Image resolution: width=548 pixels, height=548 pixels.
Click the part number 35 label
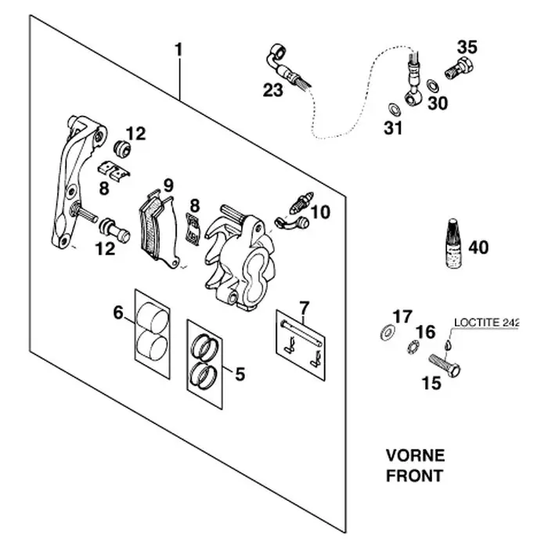(467, 47)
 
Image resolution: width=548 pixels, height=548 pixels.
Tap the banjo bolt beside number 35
(459, 67)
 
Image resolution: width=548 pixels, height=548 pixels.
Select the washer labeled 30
(433, 85)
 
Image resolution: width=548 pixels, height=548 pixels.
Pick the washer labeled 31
(395, 109)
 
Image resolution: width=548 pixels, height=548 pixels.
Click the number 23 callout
(273, 90)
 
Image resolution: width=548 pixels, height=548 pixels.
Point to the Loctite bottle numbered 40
(453, 243)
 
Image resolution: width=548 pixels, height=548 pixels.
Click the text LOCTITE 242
(486, 323)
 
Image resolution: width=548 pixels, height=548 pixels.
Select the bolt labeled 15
(445, 366)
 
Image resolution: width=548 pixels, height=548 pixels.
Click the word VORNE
(415, 456)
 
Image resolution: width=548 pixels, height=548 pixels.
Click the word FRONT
(414, 476)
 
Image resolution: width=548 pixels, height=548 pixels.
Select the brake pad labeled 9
(159, 231)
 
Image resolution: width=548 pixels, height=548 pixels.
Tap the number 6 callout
(118, 312)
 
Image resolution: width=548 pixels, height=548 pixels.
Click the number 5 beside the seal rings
(240, 373)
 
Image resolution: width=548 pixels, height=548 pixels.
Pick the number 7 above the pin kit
(305, 308)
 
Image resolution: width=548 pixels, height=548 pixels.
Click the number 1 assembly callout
(178, 50)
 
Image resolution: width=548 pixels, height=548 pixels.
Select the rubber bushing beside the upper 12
(122, 148)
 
